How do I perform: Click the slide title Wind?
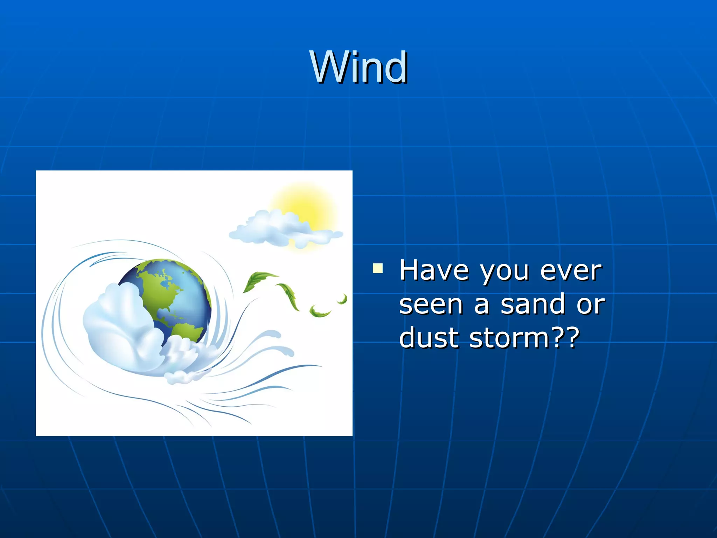pos(358,67)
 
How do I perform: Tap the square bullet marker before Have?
pos(378,269)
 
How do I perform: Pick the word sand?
pos(532,304)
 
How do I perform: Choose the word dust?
pos(429,337)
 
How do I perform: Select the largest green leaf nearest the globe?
pos(257,280)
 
